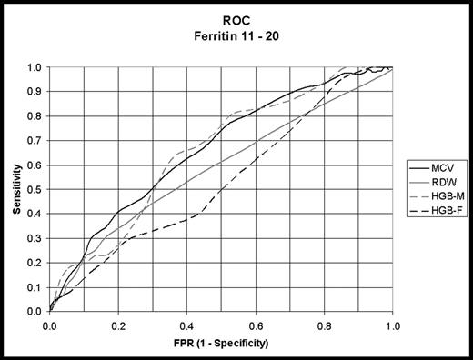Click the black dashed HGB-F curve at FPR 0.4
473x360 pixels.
click(186, 219)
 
